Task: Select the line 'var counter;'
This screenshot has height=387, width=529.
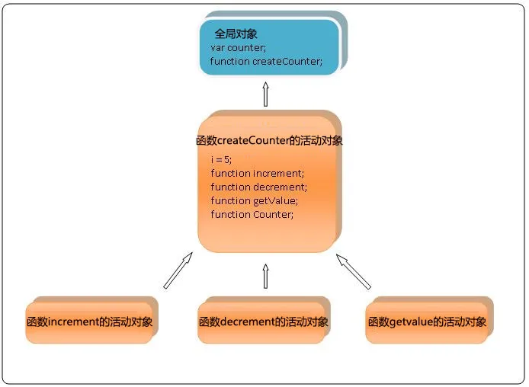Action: (236, 48)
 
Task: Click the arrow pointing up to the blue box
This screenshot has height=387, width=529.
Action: (266, 94)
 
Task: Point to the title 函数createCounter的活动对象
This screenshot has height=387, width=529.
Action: (269, 141)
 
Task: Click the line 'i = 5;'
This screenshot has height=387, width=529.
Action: (220, 159)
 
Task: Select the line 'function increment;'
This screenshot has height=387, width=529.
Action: (257, 173)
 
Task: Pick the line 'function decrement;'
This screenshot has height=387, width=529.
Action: (258, 187)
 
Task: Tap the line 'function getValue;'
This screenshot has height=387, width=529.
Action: (254, 200)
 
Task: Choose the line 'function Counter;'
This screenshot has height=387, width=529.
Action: (252, 214)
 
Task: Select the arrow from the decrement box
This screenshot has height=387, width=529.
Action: (266, 276)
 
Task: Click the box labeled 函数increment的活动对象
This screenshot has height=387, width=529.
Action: (88, 322)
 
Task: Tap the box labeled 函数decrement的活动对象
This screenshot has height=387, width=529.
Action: (264, 322)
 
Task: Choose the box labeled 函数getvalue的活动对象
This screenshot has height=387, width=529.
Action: (427, 322)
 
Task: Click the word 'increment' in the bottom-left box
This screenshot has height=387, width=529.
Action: (73, 321)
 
